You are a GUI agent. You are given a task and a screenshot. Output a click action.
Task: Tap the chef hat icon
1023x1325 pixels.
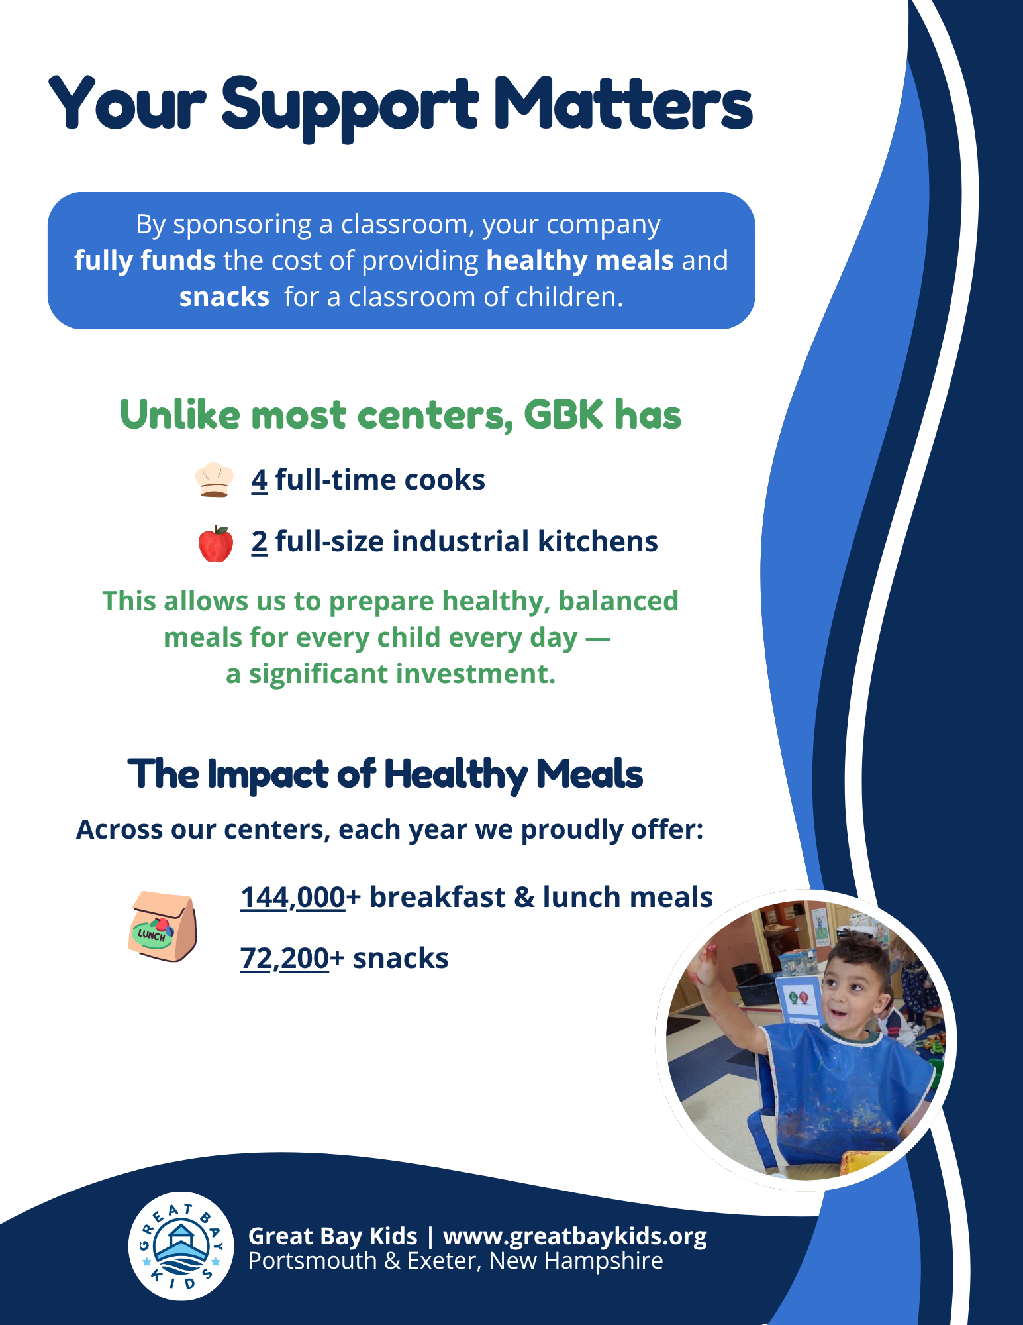pos(215,480)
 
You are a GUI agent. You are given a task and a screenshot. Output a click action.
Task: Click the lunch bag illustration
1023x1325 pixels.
pos(162,926)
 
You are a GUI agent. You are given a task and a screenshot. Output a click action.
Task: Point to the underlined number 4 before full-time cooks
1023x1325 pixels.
pos(259,480)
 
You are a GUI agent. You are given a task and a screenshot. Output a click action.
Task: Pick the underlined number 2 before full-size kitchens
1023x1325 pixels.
pos(259,541)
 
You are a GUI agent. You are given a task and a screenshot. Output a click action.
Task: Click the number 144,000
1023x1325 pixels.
pos(293,897)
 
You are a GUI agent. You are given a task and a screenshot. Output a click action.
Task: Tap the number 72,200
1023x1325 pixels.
pos(285,958)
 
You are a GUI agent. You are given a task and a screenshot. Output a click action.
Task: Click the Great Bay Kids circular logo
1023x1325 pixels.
pos(181,1246)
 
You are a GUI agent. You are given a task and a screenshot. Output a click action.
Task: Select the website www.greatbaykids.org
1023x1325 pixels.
pos(575,1236)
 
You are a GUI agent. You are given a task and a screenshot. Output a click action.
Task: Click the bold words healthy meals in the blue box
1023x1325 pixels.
pos(580,260)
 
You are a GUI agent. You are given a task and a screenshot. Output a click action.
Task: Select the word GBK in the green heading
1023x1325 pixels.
pos(563,415)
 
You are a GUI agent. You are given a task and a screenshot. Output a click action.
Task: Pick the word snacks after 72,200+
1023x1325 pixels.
pos(401,958)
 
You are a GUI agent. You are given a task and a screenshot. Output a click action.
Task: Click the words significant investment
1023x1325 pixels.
pos(402,674)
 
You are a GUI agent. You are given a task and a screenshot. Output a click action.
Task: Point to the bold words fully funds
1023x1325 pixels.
pos(145,260)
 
